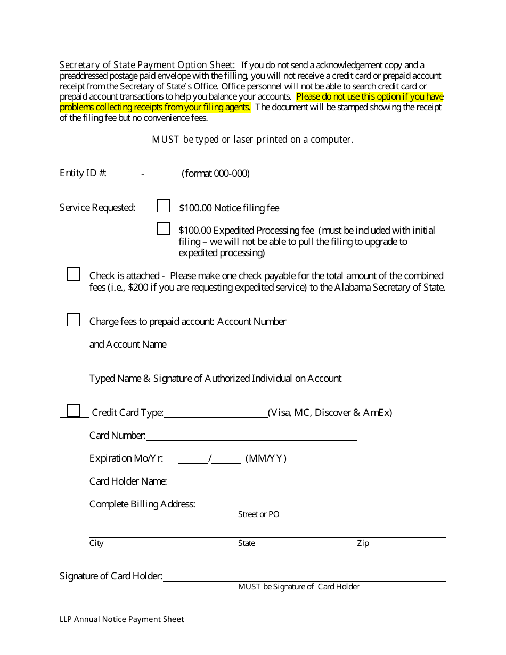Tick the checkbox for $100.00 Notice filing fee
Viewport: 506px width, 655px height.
(164, 206)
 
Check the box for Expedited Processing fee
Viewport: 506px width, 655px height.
(164, 229)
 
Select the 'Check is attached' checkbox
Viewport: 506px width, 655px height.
(74, 274)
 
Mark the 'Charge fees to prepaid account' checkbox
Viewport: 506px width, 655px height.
(74, 320)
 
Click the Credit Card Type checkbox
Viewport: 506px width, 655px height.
(74, 411)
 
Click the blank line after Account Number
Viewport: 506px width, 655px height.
(366, 323)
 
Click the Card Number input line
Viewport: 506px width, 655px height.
(251, 437)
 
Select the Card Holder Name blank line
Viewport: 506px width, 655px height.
(306, 482)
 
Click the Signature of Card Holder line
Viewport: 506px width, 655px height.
(304, 577)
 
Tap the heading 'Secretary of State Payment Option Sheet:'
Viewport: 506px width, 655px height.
(148, 65)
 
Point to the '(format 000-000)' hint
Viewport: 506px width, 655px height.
(216, 174)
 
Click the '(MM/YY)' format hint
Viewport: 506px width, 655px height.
(266, 458)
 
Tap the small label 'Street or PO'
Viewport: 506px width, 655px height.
(258, 514)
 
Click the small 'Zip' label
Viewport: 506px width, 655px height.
(363, 543)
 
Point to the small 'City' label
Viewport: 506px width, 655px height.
(96, 543)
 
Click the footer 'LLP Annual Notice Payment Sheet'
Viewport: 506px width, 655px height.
(122, 619)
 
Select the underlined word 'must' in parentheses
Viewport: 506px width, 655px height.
(331, 231)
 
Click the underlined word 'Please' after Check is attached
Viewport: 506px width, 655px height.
(183, 276)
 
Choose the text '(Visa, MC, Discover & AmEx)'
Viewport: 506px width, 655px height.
(330, 413)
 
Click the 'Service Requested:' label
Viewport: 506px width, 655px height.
(97, 208)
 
